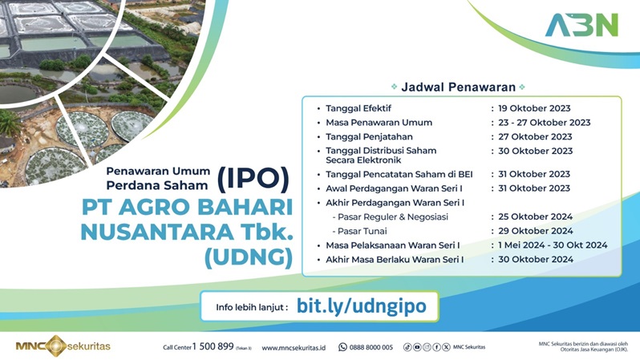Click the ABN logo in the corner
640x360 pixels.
click(581, 25)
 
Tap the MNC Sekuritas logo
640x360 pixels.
click(63, 346)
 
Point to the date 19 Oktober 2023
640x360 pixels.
click(534, 108)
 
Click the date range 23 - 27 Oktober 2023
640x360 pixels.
click(544, 123)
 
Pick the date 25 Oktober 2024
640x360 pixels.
click(535, 217)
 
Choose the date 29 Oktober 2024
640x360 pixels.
click(535, 231)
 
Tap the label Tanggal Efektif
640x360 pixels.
click(358, 108)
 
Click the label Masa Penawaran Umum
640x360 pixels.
click(379, 123)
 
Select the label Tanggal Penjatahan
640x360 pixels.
click(370, 136)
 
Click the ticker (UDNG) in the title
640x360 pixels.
click(249, 257)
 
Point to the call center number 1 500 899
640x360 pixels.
click(214, 346)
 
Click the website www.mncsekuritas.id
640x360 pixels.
click(294, 347)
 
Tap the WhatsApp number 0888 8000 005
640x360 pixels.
click(371, 347)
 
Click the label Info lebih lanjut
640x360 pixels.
click(251, 307)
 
